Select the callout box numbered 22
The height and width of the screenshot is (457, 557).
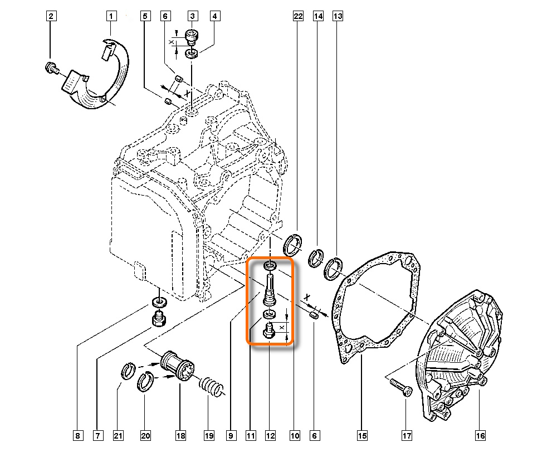pos(297,16)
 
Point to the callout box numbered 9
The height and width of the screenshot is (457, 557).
pos(230,435)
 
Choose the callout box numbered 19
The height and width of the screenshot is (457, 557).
pos(208,435)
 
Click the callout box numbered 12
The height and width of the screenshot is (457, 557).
pos(270,435)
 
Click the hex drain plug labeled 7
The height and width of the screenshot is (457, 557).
pos(159,321)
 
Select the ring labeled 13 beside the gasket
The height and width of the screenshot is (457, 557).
pos(334,266)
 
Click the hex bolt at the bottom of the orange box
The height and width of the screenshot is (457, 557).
pos(268,331)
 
